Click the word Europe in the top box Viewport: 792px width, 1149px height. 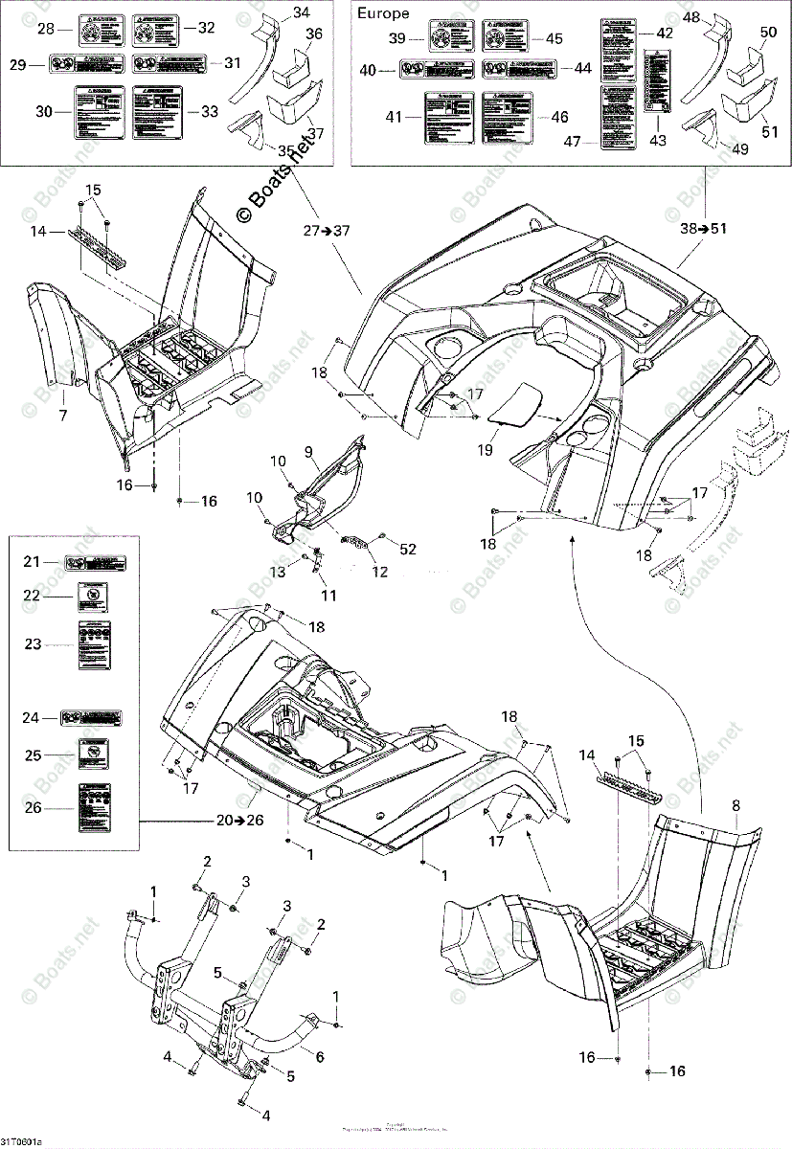click(382, 13)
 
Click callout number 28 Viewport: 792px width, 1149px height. click(45, 30)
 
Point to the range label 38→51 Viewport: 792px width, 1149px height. click(702, 230)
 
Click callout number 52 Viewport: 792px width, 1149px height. click(408, 549)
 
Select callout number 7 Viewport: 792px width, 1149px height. click(62, 415)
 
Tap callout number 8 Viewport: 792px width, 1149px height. click(735, 806)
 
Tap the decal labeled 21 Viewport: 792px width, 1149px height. click(95, 563)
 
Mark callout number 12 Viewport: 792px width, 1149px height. click(380, 573)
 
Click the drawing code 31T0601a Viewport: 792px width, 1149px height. click(21, 1141)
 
